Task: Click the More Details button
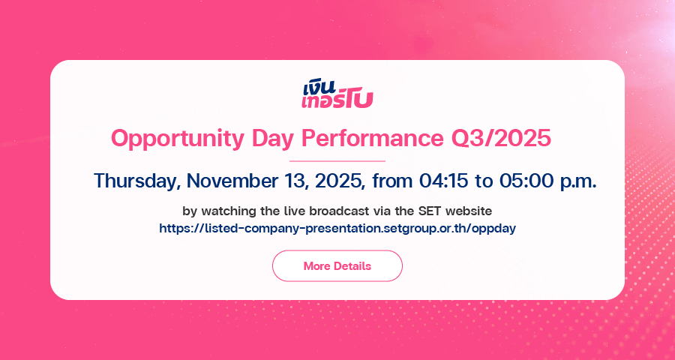tap(337, 265)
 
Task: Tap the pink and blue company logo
tap(337, 94)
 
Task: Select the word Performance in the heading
tap(372, 138)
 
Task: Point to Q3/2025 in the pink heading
tap(501, 139)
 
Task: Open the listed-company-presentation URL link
tap(337, 228)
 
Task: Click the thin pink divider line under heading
tap(337, 161)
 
